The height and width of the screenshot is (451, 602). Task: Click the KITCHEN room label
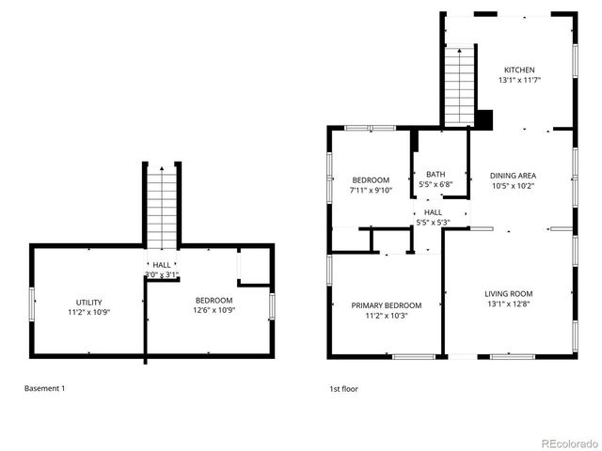pos(519,70)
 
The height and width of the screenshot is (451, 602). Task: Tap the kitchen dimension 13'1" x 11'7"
pos(519,81)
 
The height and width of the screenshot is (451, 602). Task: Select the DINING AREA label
pos(513,176)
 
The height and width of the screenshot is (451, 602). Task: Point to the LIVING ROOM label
pos(508,293)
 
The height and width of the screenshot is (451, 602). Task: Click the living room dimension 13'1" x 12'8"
pos(508,303)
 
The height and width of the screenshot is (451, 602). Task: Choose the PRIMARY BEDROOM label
pos(386,305)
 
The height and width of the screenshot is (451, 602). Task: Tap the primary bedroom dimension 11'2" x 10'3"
pos(386,316)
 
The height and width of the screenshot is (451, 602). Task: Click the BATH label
pos(436,174)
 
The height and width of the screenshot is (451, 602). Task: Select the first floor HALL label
pos(433,212)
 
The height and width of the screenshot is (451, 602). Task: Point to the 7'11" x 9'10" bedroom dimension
pos(370,191)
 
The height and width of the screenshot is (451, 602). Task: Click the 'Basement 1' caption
pos(44,388)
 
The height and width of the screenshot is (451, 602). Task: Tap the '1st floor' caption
pos(343,388)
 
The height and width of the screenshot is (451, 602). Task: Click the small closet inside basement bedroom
pos(253,267)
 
